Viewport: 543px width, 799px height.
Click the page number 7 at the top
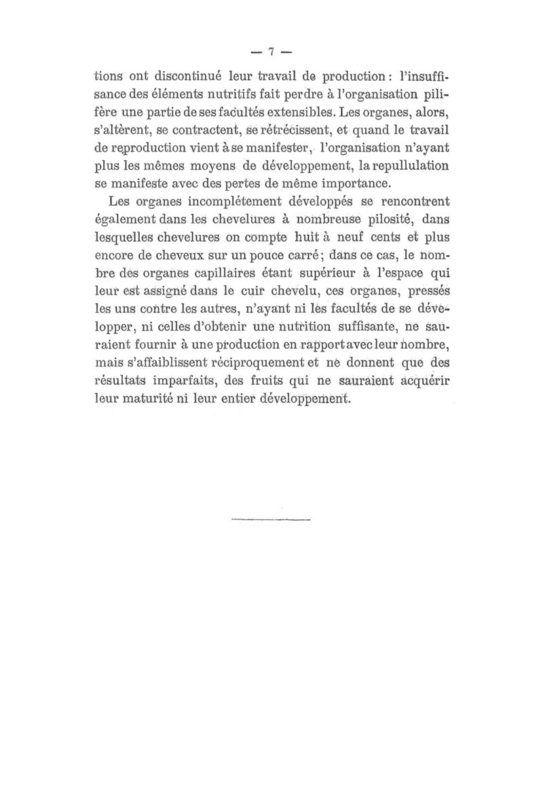point(270,52)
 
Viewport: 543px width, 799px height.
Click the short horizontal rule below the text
point(270,521)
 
